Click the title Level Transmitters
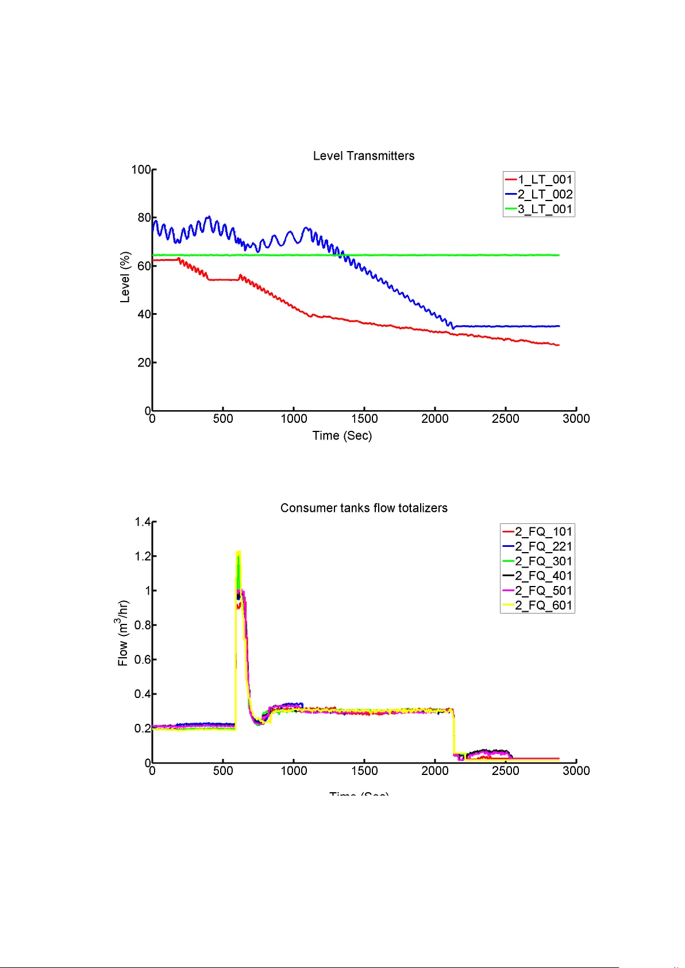pos(364,156)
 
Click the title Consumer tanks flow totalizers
pos(364,508)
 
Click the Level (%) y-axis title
pos(125,277)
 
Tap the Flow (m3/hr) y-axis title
pos(122,633)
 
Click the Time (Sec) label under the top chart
pos(342,435)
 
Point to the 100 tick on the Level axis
pos(141,169)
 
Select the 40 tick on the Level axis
pos(144,314)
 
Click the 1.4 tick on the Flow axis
pos(143,522)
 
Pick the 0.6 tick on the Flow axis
pos(143,660)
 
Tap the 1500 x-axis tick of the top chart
pos(364,419)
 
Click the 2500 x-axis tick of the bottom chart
pos(506,771)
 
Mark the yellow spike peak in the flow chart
pos(238,552)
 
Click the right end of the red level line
pos(558,345)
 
